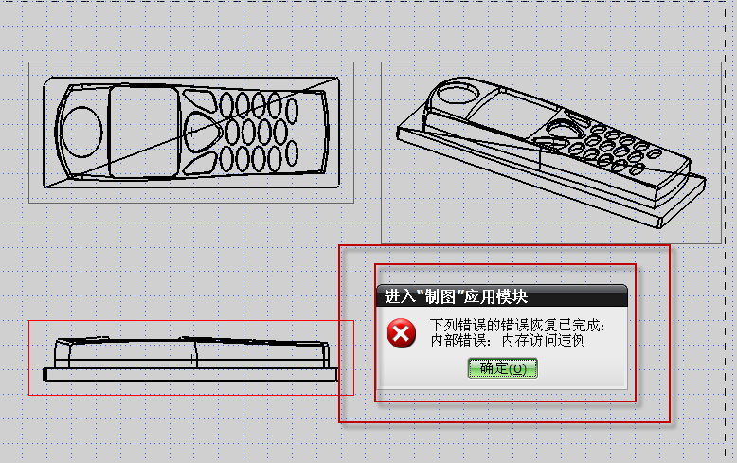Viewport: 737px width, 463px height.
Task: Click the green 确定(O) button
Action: click(x=502, y=368)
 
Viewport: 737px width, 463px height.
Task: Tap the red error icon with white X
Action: click(x=401, y=333)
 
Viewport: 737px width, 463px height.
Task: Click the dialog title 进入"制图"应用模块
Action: click(x=456, y=296)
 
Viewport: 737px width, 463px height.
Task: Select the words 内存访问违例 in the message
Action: click(x=544, y=340)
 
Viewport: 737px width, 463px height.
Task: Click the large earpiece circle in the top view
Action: click(x=82, y=132)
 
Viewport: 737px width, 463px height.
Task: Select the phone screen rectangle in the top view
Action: click(x=144, y=132)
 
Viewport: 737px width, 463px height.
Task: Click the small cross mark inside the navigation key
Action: click(x=191, y=132)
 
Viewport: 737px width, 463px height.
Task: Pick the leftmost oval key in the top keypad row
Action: click(x=226, y=105)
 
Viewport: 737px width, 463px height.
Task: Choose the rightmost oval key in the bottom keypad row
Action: click(x=292, y=153)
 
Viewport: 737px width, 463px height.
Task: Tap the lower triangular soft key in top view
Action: click(x=199, y=163)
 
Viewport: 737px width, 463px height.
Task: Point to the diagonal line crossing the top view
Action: click(x=191, y=132)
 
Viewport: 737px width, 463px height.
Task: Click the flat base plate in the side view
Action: click(x=190, y=374)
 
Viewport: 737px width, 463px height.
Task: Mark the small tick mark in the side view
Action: click(x=192, y=359)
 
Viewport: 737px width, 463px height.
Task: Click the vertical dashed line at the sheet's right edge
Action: click(x=726, y=231)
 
